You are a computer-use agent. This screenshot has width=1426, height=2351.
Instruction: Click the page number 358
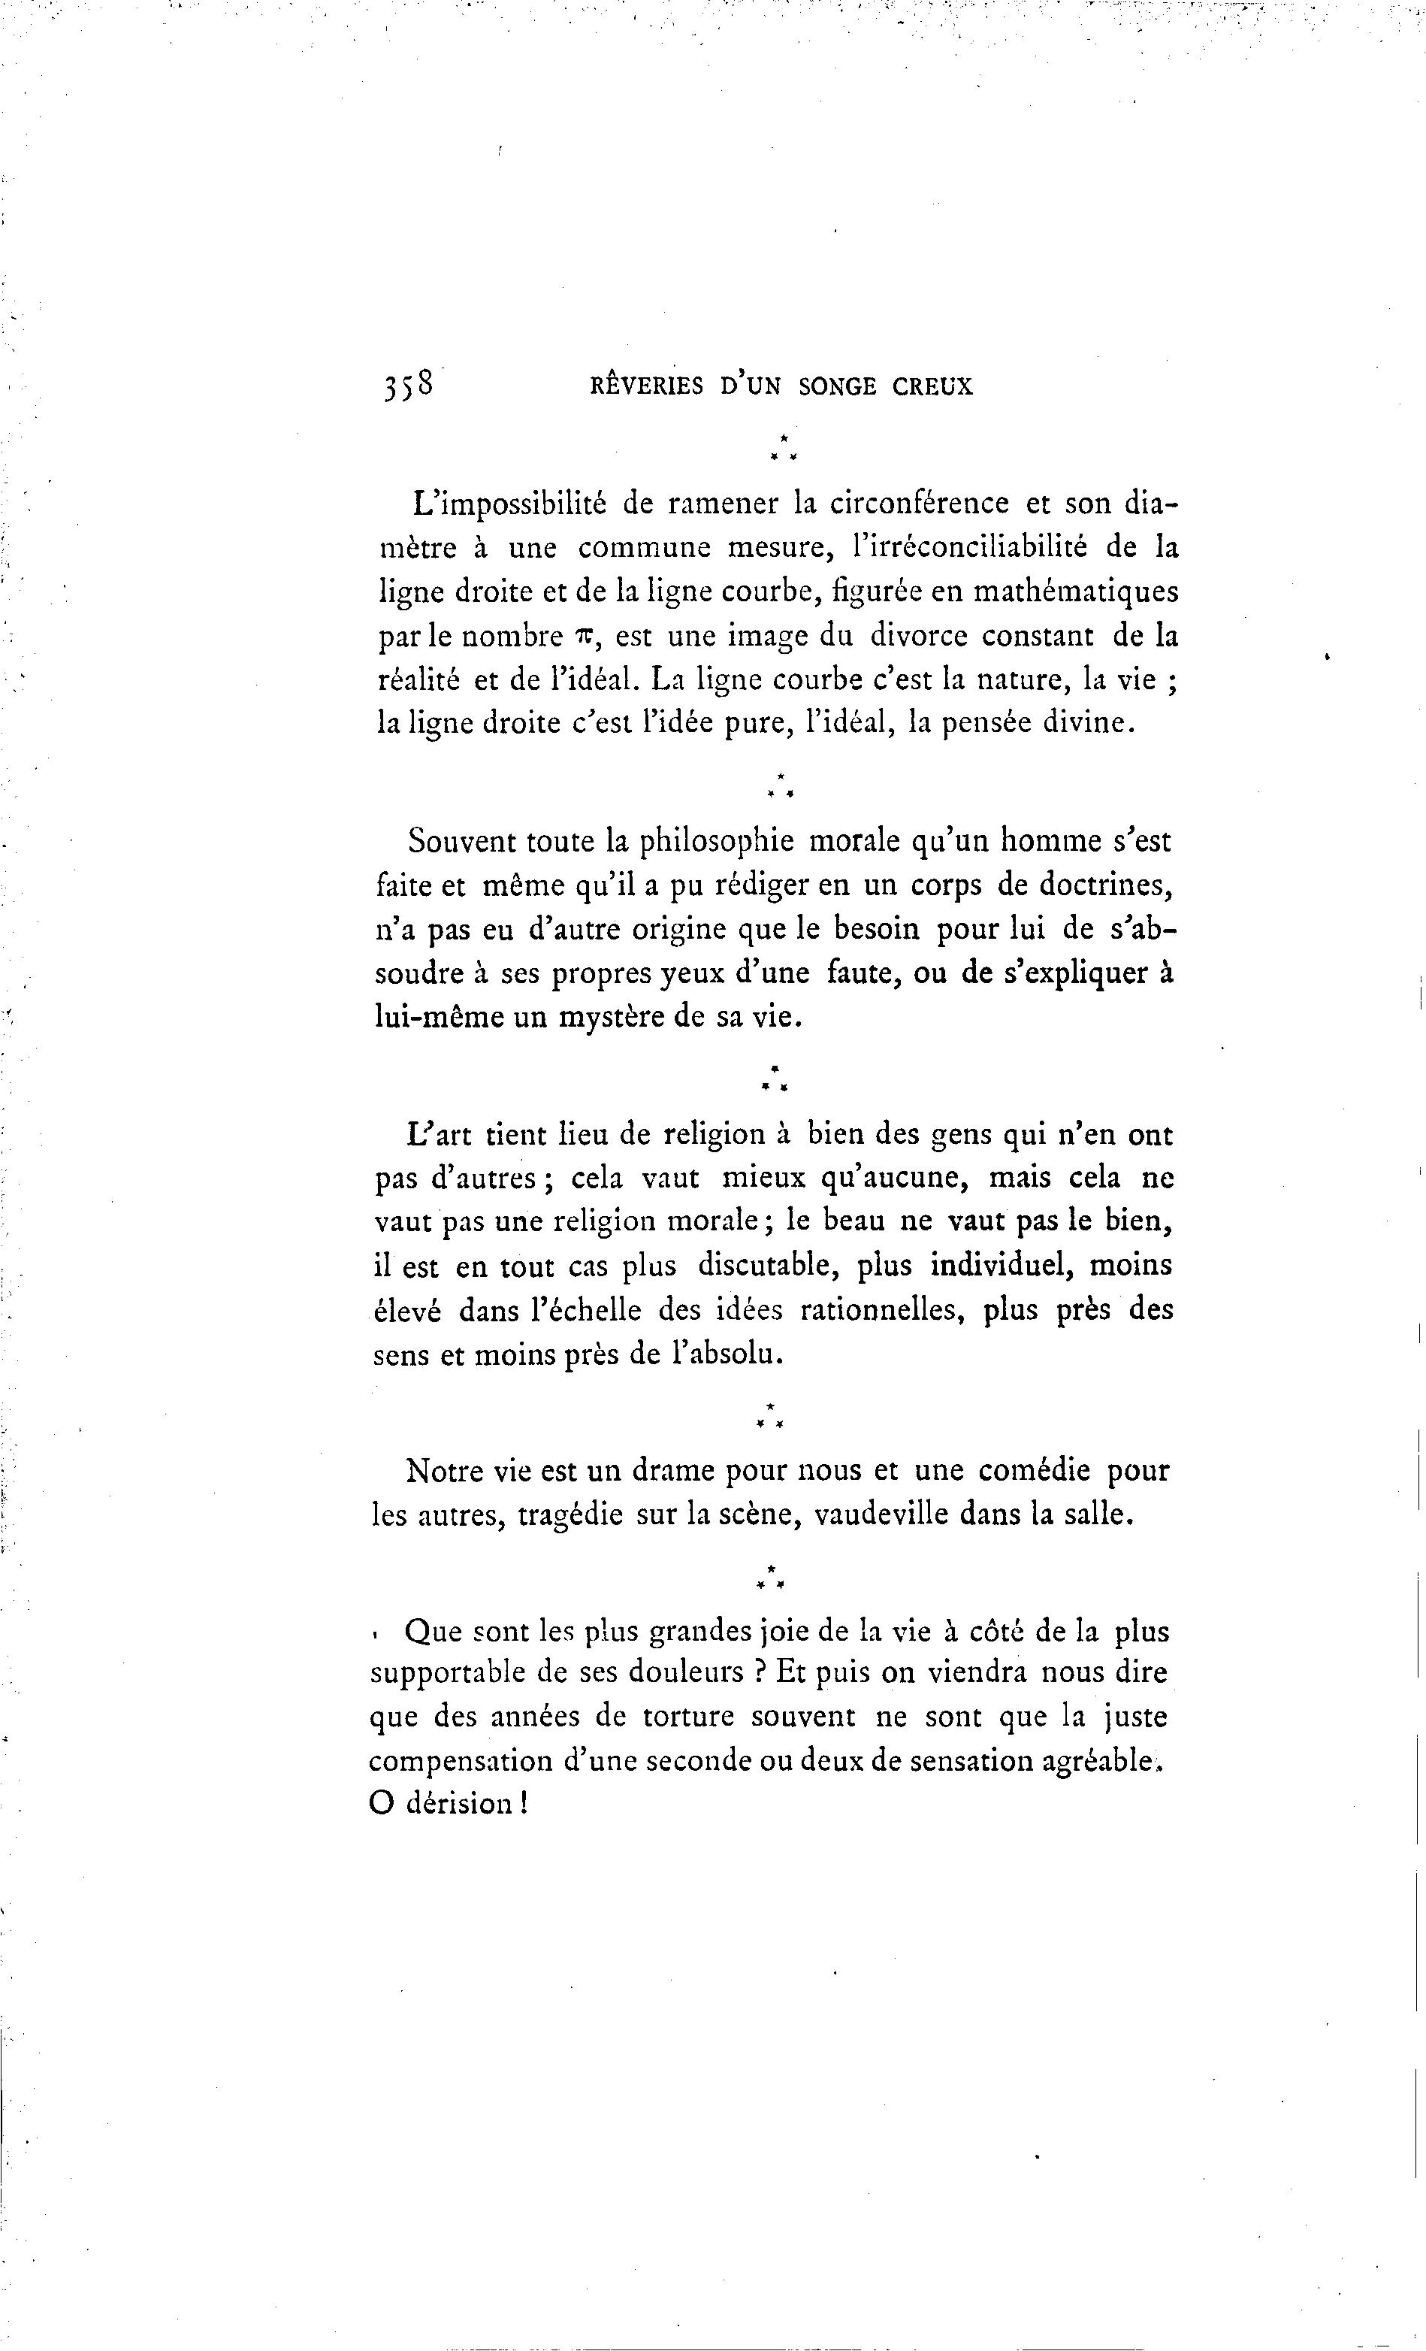408,386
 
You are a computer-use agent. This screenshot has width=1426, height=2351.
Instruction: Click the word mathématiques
1075,592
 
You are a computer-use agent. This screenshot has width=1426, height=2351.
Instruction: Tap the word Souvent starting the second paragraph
461,842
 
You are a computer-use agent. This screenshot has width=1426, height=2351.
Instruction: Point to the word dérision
461,1805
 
